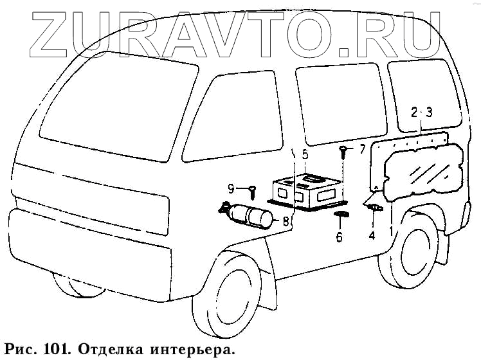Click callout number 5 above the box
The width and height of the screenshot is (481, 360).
305,155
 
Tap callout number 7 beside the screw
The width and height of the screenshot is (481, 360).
361,150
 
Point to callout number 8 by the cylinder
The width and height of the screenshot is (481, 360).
286,222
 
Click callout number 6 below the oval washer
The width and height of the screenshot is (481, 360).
340,237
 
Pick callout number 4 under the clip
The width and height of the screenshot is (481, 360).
371,235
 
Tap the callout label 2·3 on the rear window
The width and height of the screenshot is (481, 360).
422,112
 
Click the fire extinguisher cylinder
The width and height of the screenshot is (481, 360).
250,215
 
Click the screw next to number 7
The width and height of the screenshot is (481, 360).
344,152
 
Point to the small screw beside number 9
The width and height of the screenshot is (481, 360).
252,190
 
